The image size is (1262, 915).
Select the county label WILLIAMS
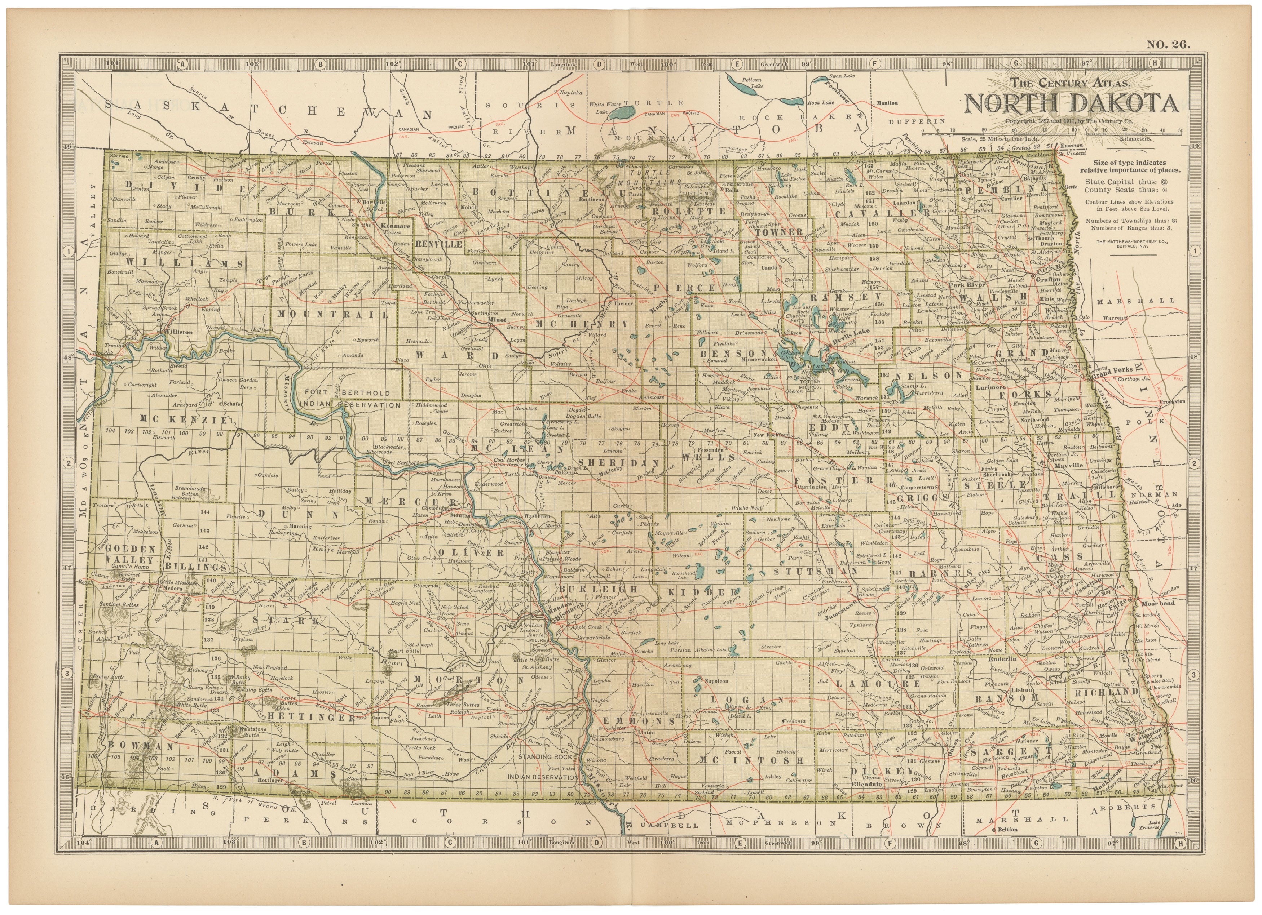pos(184,263)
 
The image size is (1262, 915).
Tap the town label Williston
pos(178,332)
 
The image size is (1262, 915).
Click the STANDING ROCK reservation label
pos(546,757)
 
